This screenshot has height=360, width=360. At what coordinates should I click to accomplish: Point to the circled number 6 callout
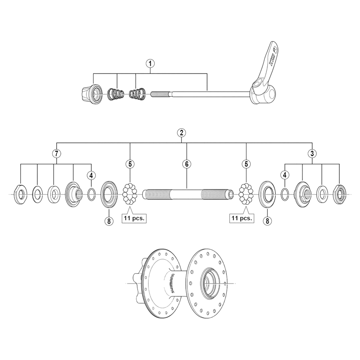coord(186,164)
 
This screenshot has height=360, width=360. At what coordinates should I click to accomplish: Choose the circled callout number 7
coord(56,153)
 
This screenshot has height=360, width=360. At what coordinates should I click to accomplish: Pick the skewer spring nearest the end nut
coord(117,94)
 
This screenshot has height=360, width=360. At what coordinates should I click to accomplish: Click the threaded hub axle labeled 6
coord(186,195)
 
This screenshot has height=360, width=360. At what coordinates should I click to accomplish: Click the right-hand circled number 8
coord(268,220)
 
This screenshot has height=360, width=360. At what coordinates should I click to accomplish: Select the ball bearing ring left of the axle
coord(130,195)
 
